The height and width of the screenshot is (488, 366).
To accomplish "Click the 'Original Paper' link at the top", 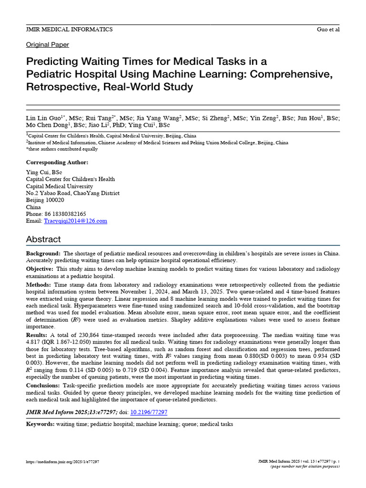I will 47,45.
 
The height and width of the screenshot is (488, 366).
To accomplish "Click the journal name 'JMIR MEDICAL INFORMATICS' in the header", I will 69,30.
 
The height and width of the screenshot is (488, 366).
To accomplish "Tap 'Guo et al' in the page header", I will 328,30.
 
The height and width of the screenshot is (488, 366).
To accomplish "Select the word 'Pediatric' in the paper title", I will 49,74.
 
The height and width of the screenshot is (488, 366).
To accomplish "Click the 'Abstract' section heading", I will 43,239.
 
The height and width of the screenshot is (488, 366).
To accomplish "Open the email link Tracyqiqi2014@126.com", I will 75,221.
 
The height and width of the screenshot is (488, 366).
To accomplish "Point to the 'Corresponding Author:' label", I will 57,163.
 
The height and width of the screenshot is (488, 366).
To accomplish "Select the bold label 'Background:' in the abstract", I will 43,254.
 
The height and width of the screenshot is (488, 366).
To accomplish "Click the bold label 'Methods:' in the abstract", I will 39,284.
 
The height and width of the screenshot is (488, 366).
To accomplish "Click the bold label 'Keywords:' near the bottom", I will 41,424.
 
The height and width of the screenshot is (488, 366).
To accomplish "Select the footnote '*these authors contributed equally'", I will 62,149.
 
